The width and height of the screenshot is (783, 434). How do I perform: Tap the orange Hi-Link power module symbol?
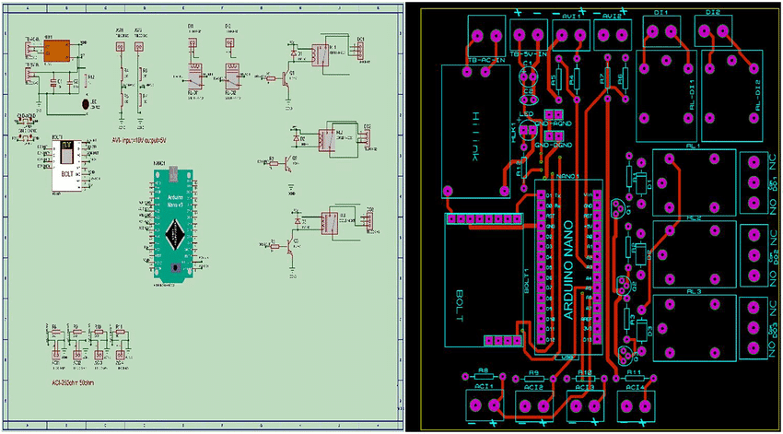coord(57,52)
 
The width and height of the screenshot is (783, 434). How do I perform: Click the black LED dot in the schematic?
coord(85,105)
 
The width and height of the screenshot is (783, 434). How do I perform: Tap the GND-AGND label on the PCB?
coord(555,123)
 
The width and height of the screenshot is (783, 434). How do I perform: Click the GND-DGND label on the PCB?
coord(555,146)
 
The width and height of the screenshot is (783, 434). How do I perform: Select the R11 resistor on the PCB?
coord(633,373)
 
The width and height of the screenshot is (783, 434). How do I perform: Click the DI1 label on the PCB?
coord(660,13)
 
